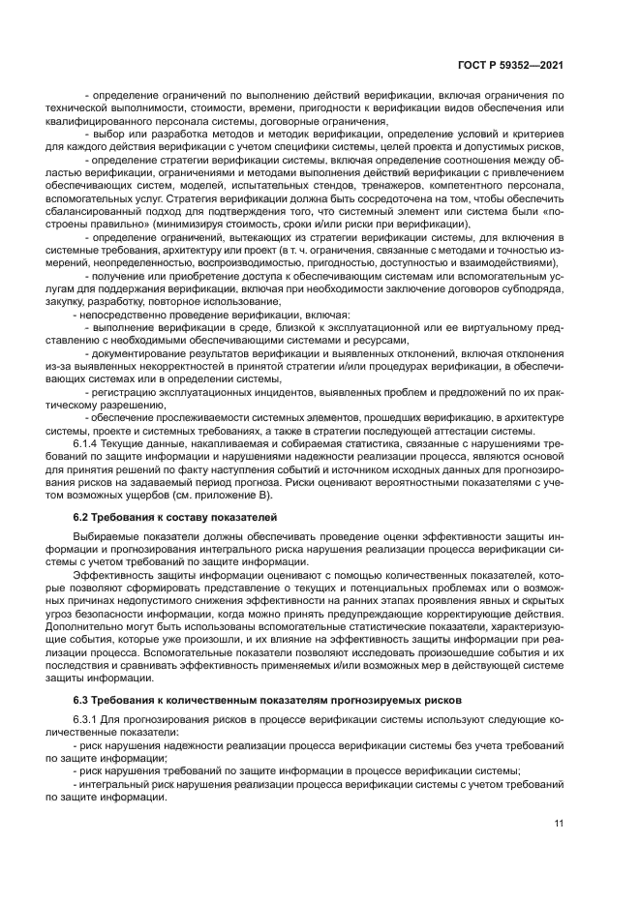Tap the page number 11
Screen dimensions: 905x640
pos(559,823)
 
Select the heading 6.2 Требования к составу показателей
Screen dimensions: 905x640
pos(175,517)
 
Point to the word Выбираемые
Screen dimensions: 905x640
pos(101,536)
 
